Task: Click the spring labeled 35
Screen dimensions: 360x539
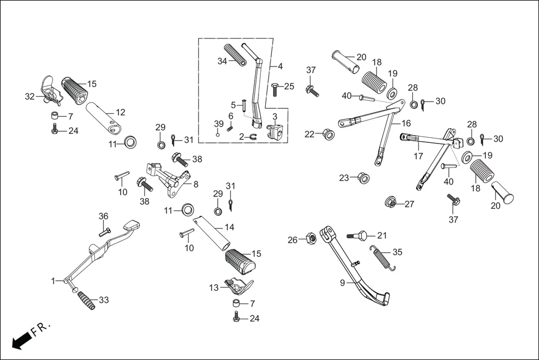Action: coord(383,260)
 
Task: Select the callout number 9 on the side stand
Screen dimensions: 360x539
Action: coord(342,283)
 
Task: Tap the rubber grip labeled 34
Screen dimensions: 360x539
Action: coord(235,55)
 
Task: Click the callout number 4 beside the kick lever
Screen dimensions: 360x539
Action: coord(280,66)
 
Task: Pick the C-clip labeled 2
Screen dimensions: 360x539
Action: coord(251,136)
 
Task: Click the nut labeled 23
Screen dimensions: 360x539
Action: coord(362,177)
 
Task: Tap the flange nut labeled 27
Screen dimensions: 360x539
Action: coord(390,202)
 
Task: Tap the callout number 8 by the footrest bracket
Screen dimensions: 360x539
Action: coord(195,184)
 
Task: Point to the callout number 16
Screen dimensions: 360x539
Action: coord(406,123)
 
